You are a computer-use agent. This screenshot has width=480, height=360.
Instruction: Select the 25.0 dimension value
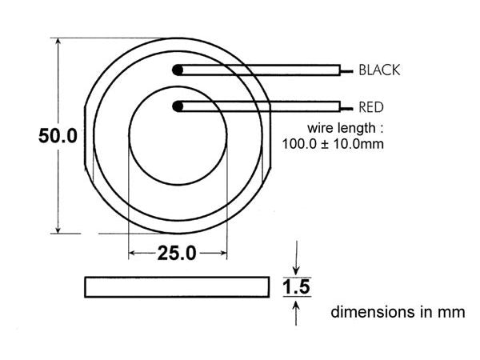click(176, 254)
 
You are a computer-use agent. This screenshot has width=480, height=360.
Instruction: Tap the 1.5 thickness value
click(296, 286)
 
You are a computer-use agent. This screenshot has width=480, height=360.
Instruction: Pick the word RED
click(370, 107)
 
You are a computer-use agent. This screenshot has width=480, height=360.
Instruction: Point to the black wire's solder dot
click(178, 70)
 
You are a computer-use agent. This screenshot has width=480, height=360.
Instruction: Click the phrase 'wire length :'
click(340, 128)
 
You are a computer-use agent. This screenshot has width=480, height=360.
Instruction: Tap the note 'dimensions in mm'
click(398, 312)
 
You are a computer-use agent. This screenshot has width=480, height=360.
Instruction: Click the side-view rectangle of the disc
click(176, 286)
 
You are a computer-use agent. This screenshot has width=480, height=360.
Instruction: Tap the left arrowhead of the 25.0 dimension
click(133, 254)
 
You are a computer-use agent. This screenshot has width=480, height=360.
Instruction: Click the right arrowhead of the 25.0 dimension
click(223, 254)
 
